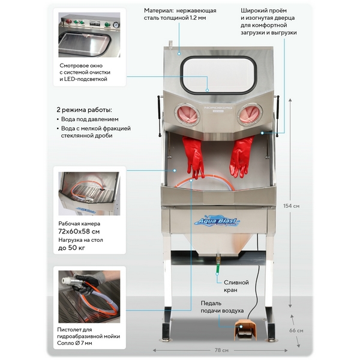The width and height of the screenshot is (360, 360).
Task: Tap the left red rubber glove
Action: coord(193,157)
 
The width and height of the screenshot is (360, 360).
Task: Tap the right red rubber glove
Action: coord(242,156)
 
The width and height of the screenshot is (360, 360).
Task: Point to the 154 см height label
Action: coord(292,206)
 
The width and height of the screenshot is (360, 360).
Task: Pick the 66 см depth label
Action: coord(296,330)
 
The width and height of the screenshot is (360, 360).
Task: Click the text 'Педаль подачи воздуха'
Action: coord(222,307)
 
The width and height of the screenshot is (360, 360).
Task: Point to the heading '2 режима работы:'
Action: coord(84,110)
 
